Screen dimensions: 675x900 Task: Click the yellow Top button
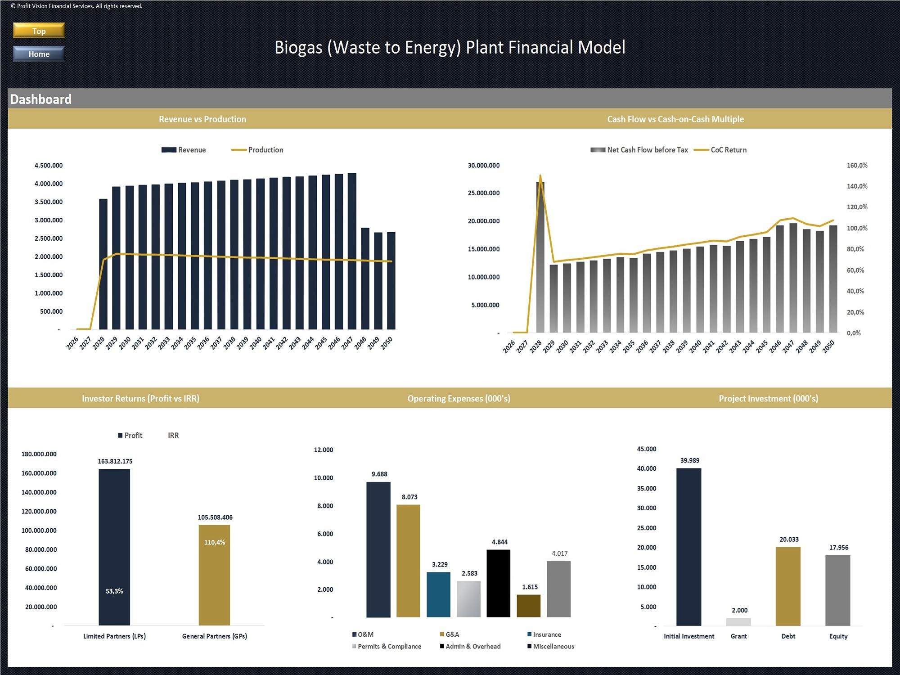tap(39, 31)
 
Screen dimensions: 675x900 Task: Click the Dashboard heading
tap(40, 99)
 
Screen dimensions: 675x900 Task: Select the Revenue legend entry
tap(184, 150)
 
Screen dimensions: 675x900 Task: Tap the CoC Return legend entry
tap(720, 150)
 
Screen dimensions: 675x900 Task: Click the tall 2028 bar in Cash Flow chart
tap(540, 256)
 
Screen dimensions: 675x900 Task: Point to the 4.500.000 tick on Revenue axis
tap(49, 166)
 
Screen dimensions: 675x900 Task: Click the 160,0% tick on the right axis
tap(857, 166)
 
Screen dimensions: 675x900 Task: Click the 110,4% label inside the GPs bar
tap(215, 542)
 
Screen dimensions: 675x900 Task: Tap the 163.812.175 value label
tap(115, 461)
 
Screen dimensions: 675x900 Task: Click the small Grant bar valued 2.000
tap(738, 621)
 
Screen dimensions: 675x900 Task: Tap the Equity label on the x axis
tap(838, 636)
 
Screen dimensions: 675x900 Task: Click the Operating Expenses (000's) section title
tap(459, 398)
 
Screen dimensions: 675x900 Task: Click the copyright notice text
tap(76, 6)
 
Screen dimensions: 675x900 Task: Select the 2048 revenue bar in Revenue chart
tap(365, 279)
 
